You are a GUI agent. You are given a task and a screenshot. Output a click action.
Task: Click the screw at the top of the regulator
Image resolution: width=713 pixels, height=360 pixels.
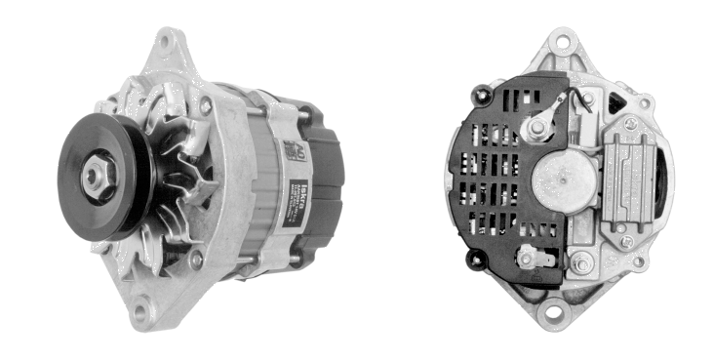pyautogui.click(x=629, y=124)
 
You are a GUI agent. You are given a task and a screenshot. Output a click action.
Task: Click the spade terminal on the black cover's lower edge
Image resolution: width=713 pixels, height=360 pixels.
pyautogui.click(x=535, y=258)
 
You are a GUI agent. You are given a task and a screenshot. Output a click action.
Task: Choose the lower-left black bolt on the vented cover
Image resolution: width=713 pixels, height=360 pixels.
pyautogui.click(x=476, y=260)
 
